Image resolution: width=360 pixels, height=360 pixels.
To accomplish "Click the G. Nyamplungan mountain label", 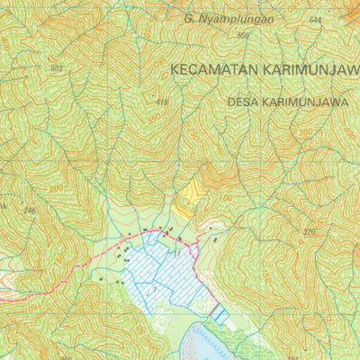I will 228,17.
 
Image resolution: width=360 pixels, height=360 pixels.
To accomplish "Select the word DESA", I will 246,102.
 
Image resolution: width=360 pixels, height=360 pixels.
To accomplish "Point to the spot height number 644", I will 314,20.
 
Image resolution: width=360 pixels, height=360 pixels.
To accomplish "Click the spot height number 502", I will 58,68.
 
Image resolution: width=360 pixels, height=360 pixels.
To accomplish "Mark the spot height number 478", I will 162,102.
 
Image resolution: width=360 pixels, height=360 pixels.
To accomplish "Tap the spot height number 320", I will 310,232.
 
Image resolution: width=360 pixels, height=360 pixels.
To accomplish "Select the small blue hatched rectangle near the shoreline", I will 218,314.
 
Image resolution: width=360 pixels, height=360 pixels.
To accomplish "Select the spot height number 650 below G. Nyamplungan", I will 242,35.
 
